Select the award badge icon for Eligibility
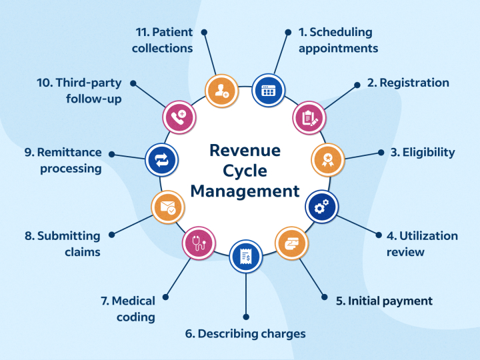pyautogui.click(x=328, y=159)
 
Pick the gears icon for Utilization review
pyautogui.click(x=321, y=207)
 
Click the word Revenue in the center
pyautogui.click(x=245, y=150)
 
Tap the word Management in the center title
pyautogui.click(x=245, y=191)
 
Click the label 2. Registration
pyautogui.click(x=407, y=83)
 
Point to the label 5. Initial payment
pyautogui.click(x=384, y=301)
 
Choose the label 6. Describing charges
pyautogui.click(x=245, y=333)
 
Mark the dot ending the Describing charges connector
pyautogui.click(x=246, y=316)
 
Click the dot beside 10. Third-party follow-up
pyautogui.click(x=133, y=83)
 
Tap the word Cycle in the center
pyautogui.click(x=245, y=171)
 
